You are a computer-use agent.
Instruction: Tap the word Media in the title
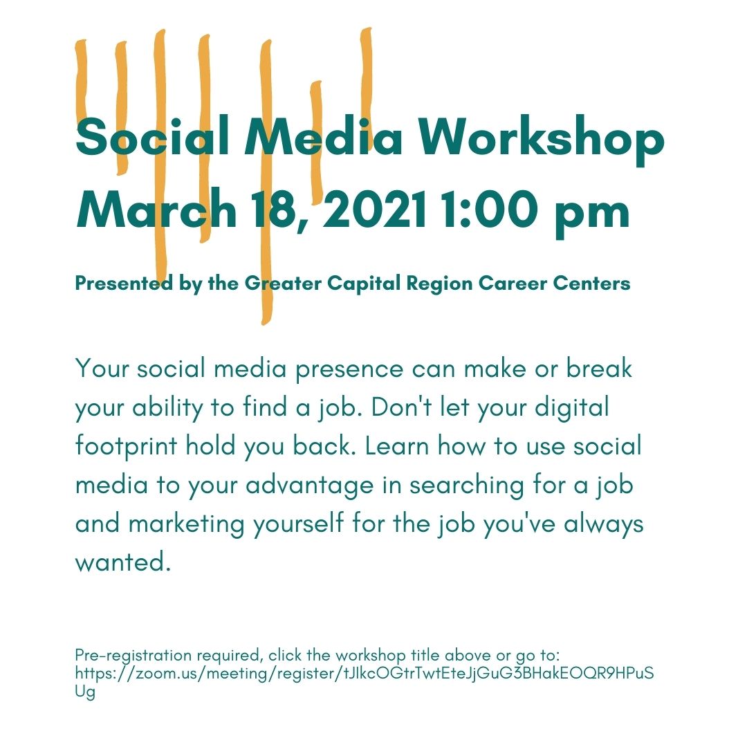tap(324, 137)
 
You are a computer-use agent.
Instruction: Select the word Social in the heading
tap(153, 137)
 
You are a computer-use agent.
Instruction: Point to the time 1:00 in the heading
tap(489, 209)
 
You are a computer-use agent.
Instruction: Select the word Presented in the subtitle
tap(123, 284)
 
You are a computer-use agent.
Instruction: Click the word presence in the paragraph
tap(349, 370)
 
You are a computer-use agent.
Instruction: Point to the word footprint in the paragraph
tap(127, 446)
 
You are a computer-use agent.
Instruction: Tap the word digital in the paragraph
tap(572, 408)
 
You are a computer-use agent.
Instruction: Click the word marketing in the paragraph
tap(186, 524)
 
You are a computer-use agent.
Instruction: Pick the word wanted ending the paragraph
tap(123, 562)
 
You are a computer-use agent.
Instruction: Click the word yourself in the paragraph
tap(298, 524)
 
